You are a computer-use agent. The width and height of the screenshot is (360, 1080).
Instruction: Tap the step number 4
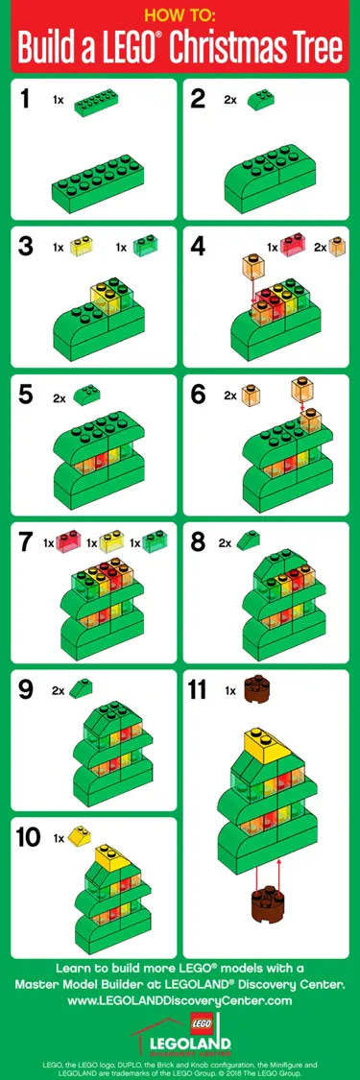tap(199, 246)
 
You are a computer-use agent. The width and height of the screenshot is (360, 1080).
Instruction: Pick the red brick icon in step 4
tap(294, 247)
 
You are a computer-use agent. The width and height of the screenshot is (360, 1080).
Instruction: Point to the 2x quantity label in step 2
tap(230, 99)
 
